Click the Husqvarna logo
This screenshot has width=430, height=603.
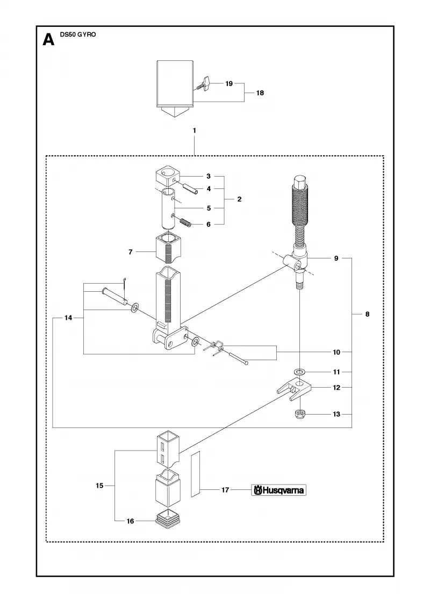coord(279,490)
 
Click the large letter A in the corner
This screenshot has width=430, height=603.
coord(48,40)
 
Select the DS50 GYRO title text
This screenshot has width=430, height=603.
coord(78,34)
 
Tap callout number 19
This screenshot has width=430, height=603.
coord(229,83)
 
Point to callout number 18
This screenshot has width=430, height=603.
coord(260,93)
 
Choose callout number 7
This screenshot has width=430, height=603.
coord(131,252)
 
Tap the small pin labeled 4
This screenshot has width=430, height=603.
coord(190,189)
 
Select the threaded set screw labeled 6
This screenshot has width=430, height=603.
coord(185,222)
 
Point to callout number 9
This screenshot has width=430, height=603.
coord(336,258)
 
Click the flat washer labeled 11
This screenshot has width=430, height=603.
coord(299,372)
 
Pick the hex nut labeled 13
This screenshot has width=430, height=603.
coord(299,415)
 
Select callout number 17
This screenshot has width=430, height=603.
coord(225,490)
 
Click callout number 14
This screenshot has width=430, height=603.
coord(68,318)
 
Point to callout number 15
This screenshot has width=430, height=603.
coord(99,486)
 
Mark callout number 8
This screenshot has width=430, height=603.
coord(368,314)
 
